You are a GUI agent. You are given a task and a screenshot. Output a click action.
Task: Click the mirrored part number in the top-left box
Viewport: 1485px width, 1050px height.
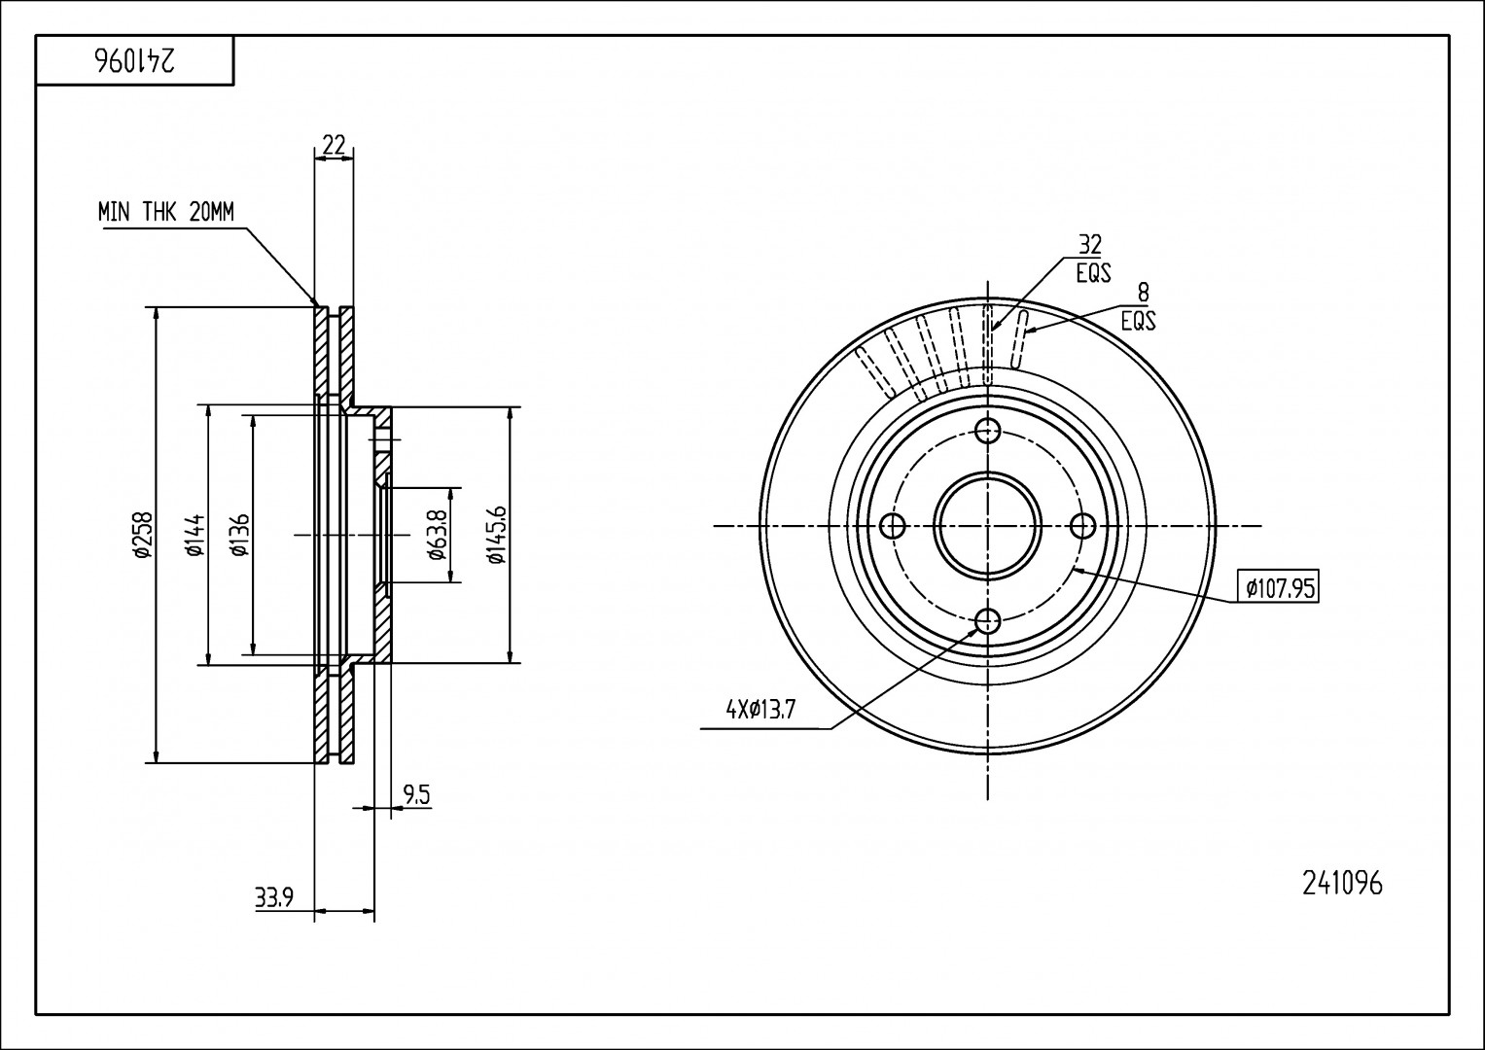(x=135, y=61)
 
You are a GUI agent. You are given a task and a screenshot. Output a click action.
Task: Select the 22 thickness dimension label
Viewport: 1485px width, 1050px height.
(x=334, y=145)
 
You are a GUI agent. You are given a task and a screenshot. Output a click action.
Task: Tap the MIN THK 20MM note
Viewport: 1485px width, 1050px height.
(x=166, y=212)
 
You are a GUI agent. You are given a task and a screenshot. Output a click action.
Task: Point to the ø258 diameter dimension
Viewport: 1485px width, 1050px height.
(x=142, y=535)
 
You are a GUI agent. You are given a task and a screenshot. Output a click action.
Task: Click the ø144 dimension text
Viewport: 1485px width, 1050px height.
(x=194, y=535)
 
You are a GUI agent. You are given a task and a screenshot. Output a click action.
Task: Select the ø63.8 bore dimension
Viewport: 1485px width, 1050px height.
(x=438, y=535)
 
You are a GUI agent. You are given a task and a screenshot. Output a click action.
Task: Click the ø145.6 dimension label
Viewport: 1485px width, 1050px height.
(x=496, y=535)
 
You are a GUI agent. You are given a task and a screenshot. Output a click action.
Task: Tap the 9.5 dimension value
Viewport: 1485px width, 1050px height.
(x=416, y=794)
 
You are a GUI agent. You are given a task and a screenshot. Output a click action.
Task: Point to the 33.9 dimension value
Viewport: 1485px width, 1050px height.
(x=274, y=898)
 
